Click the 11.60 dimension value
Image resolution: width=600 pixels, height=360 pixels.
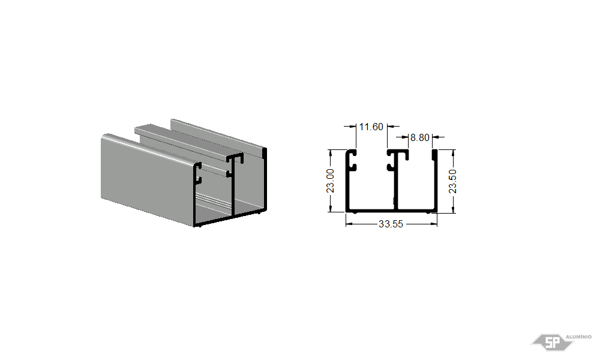[371, 127]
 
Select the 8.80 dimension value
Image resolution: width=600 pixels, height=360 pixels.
[420, 137]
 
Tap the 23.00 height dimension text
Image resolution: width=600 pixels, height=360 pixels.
[330, 181]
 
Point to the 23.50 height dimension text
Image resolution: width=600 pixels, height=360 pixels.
[452, 181]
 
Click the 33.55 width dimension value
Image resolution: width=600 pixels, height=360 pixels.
[391, 224]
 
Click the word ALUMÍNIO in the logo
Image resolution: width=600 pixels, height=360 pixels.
[578, 337]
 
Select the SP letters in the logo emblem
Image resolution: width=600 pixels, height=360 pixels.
[552, 343]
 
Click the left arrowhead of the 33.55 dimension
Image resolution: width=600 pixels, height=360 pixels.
[349, 224]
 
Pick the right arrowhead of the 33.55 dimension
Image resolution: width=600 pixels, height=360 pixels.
[434, 224]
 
